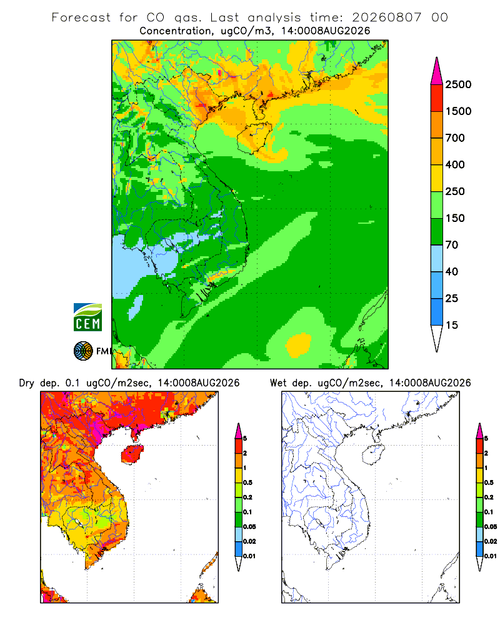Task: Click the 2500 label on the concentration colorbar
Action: point(458,84)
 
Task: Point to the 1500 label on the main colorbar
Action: point(458,111)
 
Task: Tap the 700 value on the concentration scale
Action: point(455,138)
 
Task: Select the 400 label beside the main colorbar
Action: point(455,164)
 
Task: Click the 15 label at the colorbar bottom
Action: point(452,325)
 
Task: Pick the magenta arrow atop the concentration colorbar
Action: point(437,71)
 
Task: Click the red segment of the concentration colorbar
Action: point(437,98)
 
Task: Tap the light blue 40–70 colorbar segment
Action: point(437,258)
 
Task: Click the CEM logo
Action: point(87,317)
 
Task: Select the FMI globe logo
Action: point(83,351)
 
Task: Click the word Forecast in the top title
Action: point(81,17)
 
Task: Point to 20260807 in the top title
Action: point(386,17)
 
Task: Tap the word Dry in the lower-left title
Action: point(27,383)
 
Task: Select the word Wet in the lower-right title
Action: point(278,383)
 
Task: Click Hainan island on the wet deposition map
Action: point(374,455)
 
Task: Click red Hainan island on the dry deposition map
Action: point(132,455)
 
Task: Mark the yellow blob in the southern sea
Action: point(298,344)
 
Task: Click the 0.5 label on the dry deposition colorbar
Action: point(248,482)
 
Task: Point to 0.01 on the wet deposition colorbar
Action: point(491,556)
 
